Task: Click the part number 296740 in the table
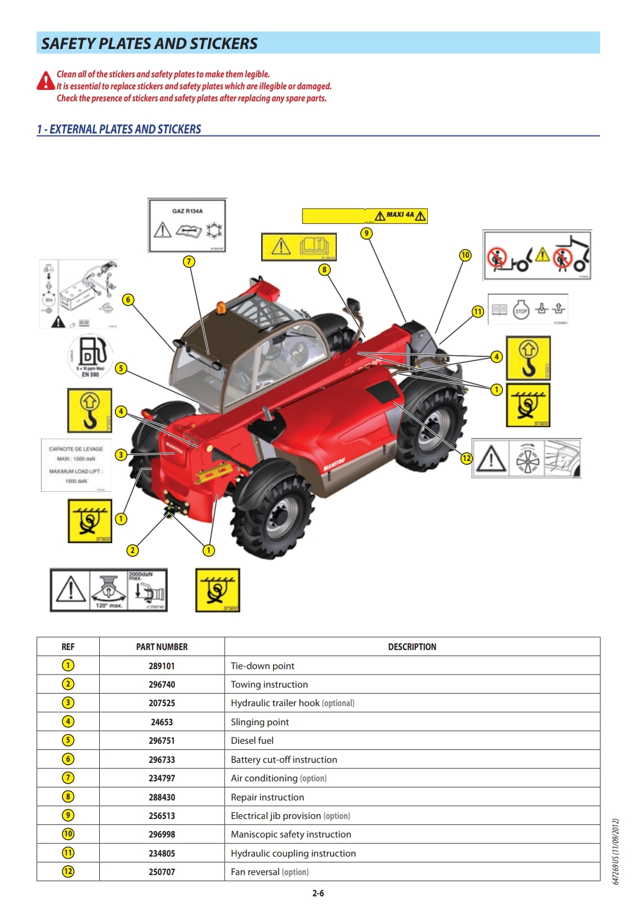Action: click(162, 684)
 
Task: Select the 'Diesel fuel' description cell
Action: click(252, 741)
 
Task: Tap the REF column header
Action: click(68, 647)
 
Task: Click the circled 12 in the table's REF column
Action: click(68, 871)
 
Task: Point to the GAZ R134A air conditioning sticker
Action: click(187, 226)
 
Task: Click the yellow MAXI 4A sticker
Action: click(365, 216)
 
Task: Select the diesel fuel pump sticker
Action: click(90, 355)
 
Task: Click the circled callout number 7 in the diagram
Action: click(189, 262)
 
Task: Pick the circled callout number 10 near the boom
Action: click(465, 255)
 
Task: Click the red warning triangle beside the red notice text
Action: click(46, 81)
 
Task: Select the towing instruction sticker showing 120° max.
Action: click(108, 590)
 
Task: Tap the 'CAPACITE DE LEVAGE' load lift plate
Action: click(76, 465)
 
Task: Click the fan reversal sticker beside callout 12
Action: click(526, 459)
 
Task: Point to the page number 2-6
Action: click(318, 893)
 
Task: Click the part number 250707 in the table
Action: click(162, 872)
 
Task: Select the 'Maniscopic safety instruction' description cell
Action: click(291, 834)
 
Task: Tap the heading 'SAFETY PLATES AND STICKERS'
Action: click(149, 44)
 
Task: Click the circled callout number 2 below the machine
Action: click(132, 550)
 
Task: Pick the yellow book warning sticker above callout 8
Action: click(299, 247)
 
